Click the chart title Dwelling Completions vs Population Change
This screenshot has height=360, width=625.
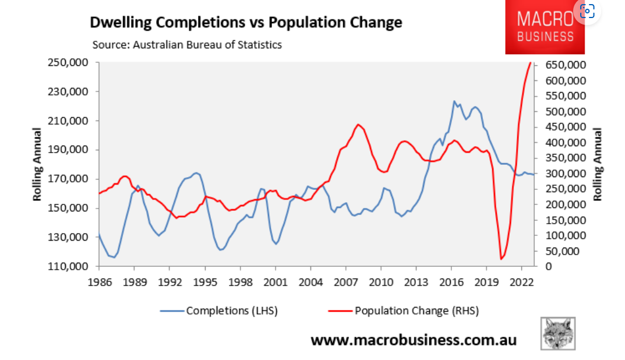point(245,23)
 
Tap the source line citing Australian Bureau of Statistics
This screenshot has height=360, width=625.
point(187,45)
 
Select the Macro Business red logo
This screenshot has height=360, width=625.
point(545,27)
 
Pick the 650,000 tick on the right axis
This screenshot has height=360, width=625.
point(564,65)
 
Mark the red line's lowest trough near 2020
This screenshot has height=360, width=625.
point(501,259)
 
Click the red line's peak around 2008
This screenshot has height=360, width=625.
point(358,124)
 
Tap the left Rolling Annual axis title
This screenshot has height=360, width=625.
point(37,164)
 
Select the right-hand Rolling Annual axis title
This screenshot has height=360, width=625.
point(597,164)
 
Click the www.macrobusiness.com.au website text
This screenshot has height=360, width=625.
point(414,340)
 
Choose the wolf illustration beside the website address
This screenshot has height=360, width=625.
point(558,333)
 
